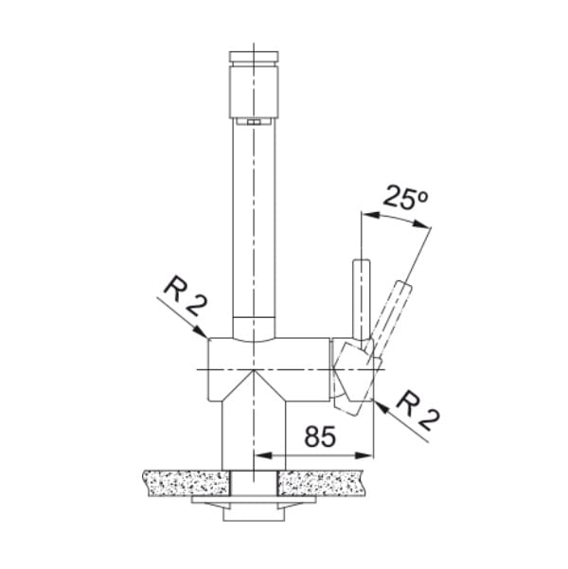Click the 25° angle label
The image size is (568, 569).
point(405,197)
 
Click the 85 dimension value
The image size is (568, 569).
point(320,436)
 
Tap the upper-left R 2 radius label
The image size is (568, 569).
point(186,296)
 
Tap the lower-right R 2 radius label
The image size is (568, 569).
point(417,411)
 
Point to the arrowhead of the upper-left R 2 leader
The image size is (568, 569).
point(202,332)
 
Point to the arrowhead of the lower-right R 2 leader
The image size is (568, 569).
point(381,406)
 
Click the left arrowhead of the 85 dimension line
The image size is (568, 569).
point(263,455)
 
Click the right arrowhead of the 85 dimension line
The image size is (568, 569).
point(364,455)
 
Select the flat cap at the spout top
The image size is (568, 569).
point(254,56)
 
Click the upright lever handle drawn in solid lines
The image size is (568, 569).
point(361,300)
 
